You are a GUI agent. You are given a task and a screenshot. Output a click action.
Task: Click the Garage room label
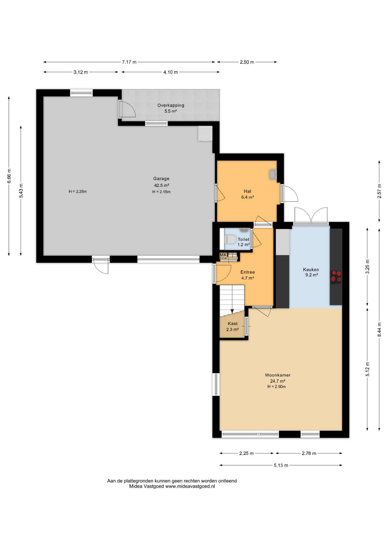click(x=161, y=179)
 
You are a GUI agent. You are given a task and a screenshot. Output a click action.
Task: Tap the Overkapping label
click(x=171, y=105)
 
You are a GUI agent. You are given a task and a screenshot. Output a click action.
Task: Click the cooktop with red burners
click(x=336, y=277)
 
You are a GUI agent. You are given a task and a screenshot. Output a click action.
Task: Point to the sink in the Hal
click(x=273, y=174)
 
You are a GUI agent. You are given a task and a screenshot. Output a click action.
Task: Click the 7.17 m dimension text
click(x=129, y=62)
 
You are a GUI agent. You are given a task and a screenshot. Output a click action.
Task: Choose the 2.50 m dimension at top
click(x=247, y=62)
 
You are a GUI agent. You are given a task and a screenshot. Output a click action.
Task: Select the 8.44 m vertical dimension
click(x=379, y=329)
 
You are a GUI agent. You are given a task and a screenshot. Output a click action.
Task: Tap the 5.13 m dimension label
click(x=281, y=465)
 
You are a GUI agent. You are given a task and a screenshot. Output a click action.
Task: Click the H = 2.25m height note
click(x=78, y=192)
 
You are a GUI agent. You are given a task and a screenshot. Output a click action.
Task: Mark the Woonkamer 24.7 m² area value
click(x=278, y=381)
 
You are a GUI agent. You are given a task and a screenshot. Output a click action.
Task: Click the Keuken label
click(x=311, y=269)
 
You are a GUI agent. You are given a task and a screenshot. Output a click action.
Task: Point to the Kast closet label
click(x=233, y=324)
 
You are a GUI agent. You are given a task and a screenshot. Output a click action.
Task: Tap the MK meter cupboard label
click(x=223, y=254)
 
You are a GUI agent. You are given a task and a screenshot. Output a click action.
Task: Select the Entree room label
click(x=247, y=272)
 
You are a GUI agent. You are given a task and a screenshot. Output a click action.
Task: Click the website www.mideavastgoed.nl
click(x=190, y=486)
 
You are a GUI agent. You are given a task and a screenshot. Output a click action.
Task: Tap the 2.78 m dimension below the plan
click(x=309, y=453)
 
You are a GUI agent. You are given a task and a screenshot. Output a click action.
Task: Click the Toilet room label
click(x=243, y=239)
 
